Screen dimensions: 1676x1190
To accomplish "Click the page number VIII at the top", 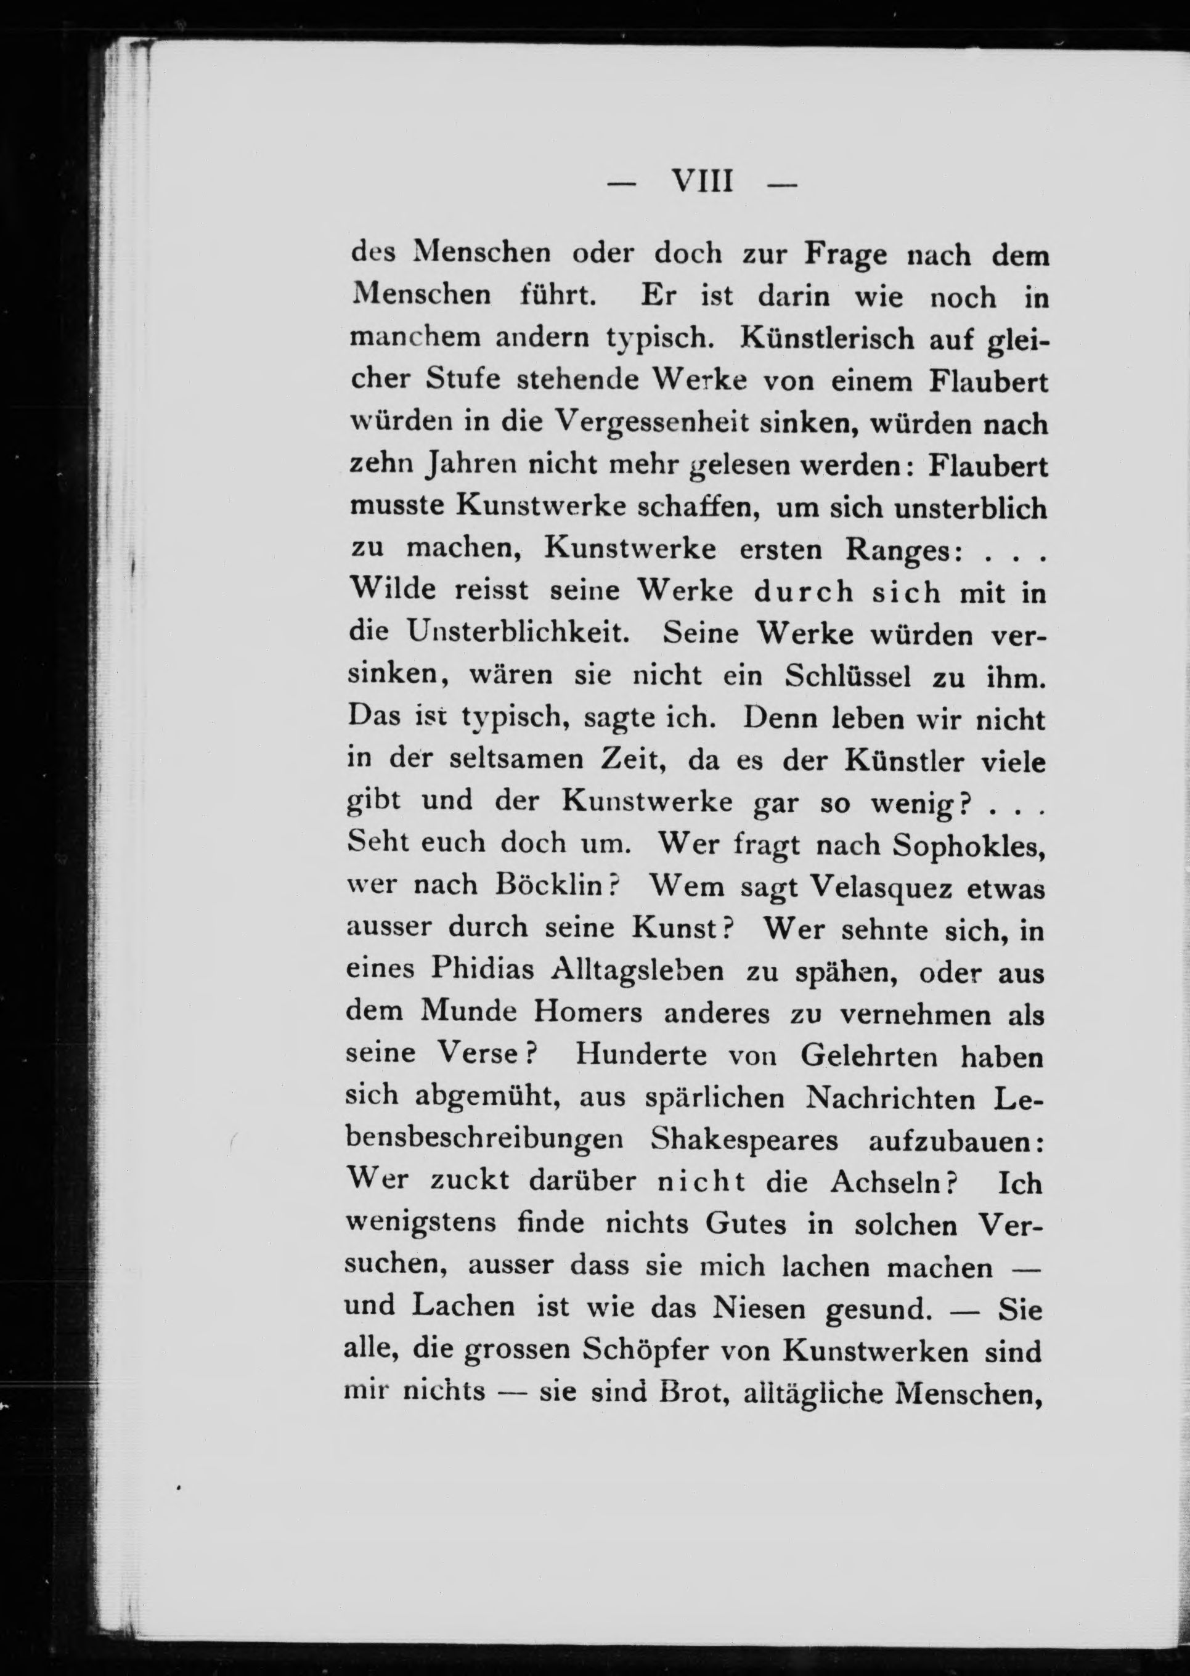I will pos(702,180).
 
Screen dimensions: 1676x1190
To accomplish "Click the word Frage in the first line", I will pos(846,254).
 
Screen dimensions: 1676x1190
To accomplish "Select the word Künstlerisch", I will pos(818,338).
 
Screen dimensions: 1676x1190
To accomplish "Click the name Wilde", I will pos(391,590).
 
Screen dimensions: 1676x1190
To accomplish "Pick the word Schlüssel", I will pos(848,675).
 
